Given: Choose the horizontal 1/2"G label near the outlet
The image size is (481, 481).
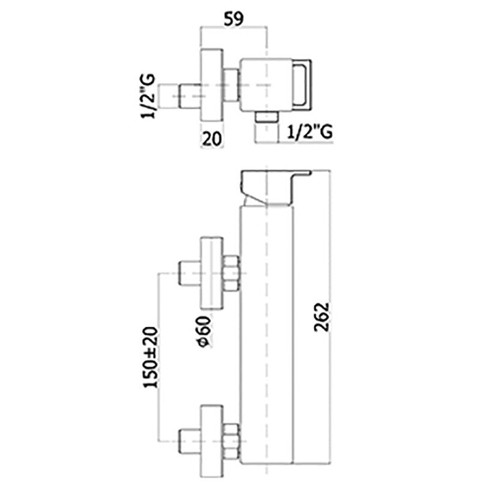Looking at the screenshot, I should click(309, 130).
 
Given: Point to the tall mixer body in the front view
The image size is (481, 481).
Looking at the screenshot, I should click(266, 337).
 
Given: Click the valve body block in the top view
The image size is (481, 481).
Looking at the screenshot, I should click(265, 84).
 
